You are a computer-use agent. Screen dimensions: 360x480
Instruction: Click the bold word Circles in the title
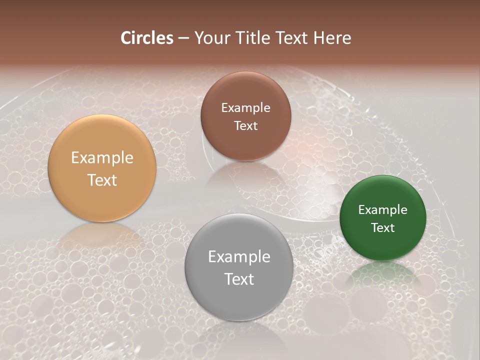point(147,38)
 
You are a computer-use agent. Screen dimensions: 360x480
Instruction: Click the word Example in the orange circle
point(102,158)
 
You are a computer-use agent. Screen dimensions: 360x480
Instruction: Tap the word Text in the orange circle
point(102,180)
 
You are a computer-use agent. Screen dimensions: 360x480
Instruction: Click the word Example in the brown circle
point(245,108)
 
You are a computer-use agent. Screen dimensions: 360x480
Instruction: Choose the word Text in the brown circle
point(245,125)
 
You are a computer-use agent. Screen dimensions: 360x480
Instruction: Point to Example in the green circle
point(383,210)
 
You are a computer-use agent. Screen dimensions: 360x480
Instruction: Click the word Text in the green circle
point(383,227)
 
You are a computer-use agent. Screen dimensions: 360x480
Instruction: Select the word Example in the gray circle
point(239,257)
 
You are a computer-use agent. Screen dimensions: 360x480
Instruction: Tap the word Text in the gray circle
point(239,279)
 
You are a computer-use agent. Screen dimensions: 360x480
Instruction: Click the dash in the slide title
point(183,38)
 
